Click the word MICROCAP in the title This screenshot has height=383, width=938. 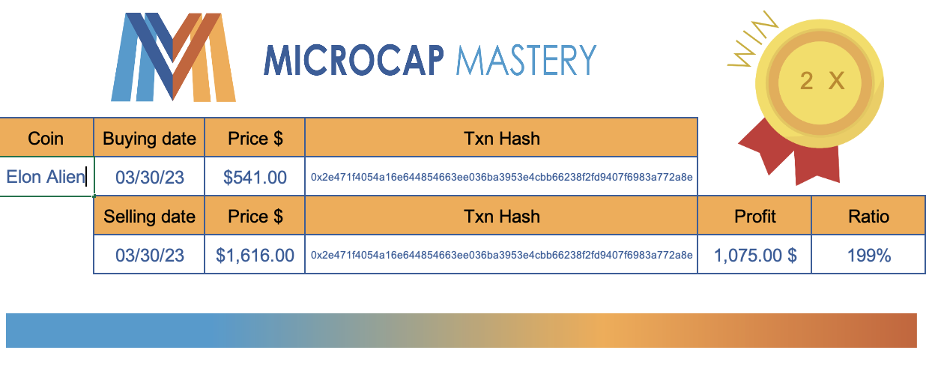(354, 61)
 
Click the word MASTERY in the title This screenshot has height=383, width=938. (527, 61)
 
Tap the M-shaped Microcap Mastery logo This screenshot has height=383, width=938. (173, 57)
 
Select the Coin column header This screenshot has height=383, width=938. (46, 138)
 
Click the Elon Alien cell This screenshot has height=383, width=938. (46, 176)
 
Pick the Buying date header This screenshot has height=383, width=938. (149, 138)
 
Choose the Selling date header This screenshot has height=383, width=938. (149, 216)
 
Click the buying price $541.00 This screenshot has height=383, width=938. (255, 177)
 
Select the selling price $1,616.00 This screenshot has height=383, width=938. (255, 255)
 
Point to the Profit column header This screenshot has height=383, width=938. (754, 216)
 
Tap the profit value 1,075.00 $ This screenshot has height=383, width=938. (754, 255)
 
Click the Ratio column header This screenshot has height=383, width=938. (868, 216)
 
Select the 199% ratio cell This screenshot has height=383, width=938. (868, 255)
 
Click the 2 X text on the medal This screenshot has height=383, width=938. (822, 80)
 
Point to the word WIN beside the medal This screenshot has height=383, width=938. (752, 40)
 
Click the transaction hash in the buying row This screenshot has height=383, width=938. (501, 177)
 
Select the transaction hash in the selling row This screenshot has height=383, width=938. (501, 255)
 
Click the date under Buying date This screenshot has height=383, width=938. (150, 177)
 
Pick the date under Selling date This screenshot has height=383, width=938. (150, 255)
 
